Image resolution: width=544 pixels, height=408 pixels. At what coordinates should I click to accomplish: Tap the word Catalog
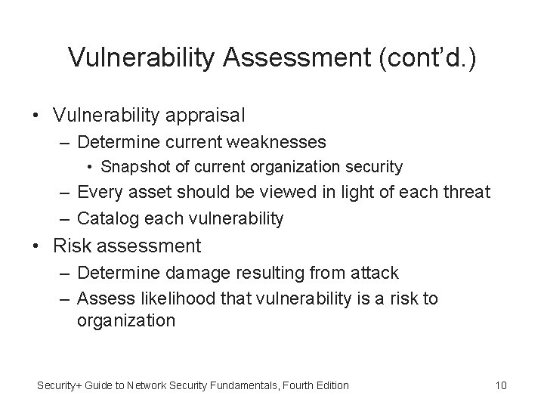106,218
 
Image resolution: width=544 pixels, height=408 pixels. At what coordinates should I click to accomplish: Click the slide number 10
500,386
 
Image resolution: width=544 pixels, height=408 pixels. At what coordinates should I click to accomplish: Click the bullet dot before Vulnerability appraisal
36,116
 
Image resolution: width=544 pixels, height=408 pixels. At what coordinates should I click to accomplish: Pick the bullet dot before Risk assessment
36,246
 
